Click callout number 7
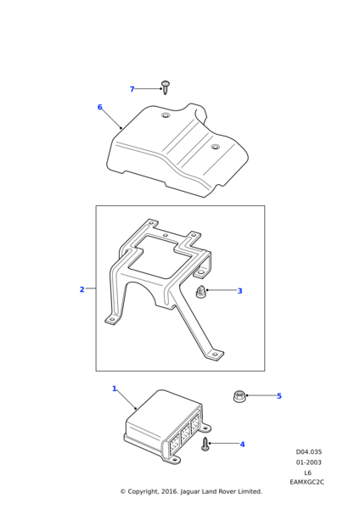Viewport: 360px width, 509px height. [132, 89]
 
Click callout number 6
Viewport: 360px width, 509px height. [99, 107]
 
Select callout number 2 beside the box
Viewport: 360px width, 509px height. [82, 289]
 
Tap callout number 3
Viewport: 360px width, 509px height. [239, 291]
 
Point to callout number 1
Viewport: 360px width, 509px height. [114, 389]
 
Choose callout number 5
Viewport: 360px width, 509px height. [279, 396]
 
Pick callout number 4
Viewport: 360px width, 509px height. [242, 444]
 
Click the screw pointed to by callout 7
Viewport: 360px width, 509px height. [166, 87]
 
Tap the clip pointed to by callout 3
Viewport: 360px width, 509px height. [200, 291]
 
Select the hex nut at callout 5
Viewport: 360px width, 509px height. [239, 397]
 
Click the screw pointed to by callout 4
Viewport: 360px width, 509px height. [205, 444]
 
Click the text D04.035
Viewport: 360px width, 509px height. [309, 452]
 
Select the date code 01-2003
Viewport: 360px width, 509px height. [309, 462]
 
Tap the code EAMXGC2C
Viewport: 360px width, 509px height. [307, 482]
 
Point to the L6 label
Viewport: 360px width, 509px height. [307, 473]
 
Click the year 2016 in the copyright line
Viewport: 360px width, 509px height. [171, 492]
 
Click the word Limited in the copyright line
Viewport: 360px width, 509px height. [250, 491]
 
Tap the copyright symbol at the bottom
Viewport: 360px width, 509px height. [123, 492]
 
